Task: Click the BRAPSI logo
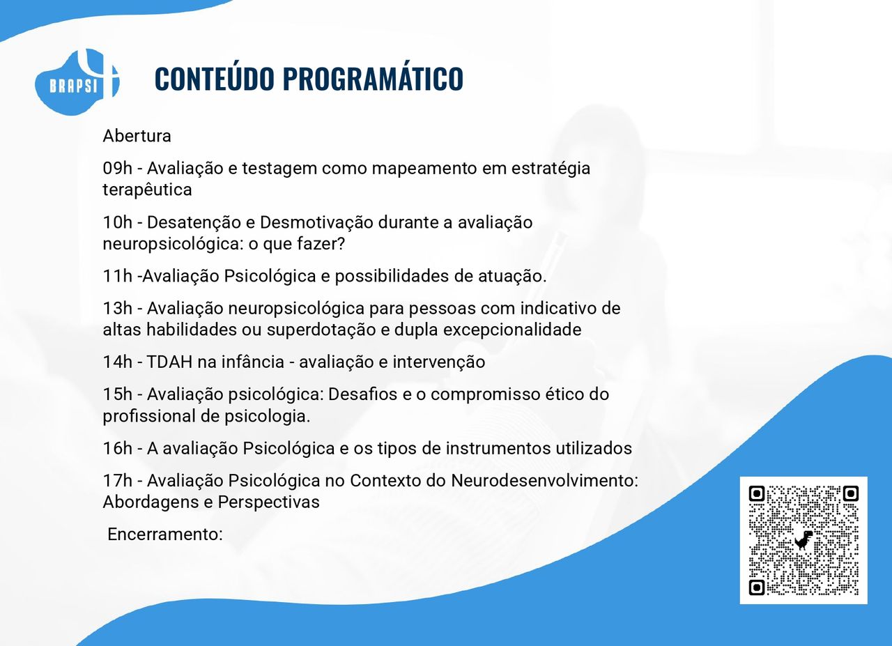pos(77,82)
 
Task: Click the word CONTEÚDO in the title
pos(214,78)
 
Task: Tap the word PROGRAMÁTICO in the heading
pos(373,78)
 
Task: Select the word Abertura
pos(137,136)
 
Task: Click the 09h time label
pos(118,169)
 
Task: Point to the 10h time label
pos(118,222)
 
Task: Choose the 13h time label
pos(118,309)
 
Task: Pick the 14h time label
pos(118,362)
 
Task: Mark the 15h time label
pos(118,394)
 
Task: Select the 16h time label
pos(118,449)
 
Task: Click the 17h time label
pos(118,481)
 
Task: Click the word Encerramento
pos(163,535)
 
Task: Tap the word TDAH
pos(169,362)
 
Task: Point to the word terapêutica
pos(147,190)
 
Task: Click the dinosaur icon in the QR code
pos(803,540)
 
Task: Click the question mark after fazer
pos(341,244)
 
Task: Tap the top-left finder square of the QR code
pos(757,494)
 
